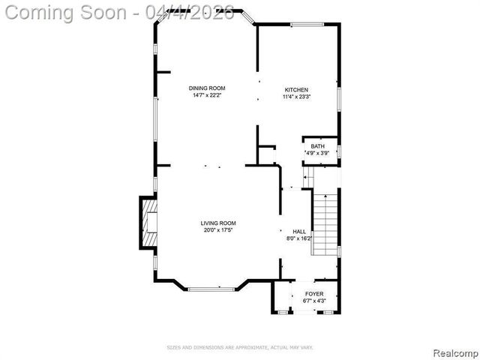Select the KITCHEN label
point(295,90)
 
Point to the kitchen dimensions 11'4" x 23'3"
point(296,97)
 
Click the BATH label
point(317,146)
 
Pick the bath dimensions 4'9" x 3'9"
point(317,153)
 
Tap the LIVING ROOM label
point(218,223)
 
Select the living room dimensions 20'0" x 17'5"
point(218,230)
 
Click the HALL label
point(298,232)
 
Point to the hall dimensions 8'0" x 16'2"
point(298,238)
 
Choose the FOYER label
point(314,294)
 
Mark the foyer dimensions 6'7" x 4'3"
point(314,301)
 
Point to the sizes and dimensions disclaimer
point(239,347)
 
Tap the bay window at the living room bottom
point(211,289)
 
